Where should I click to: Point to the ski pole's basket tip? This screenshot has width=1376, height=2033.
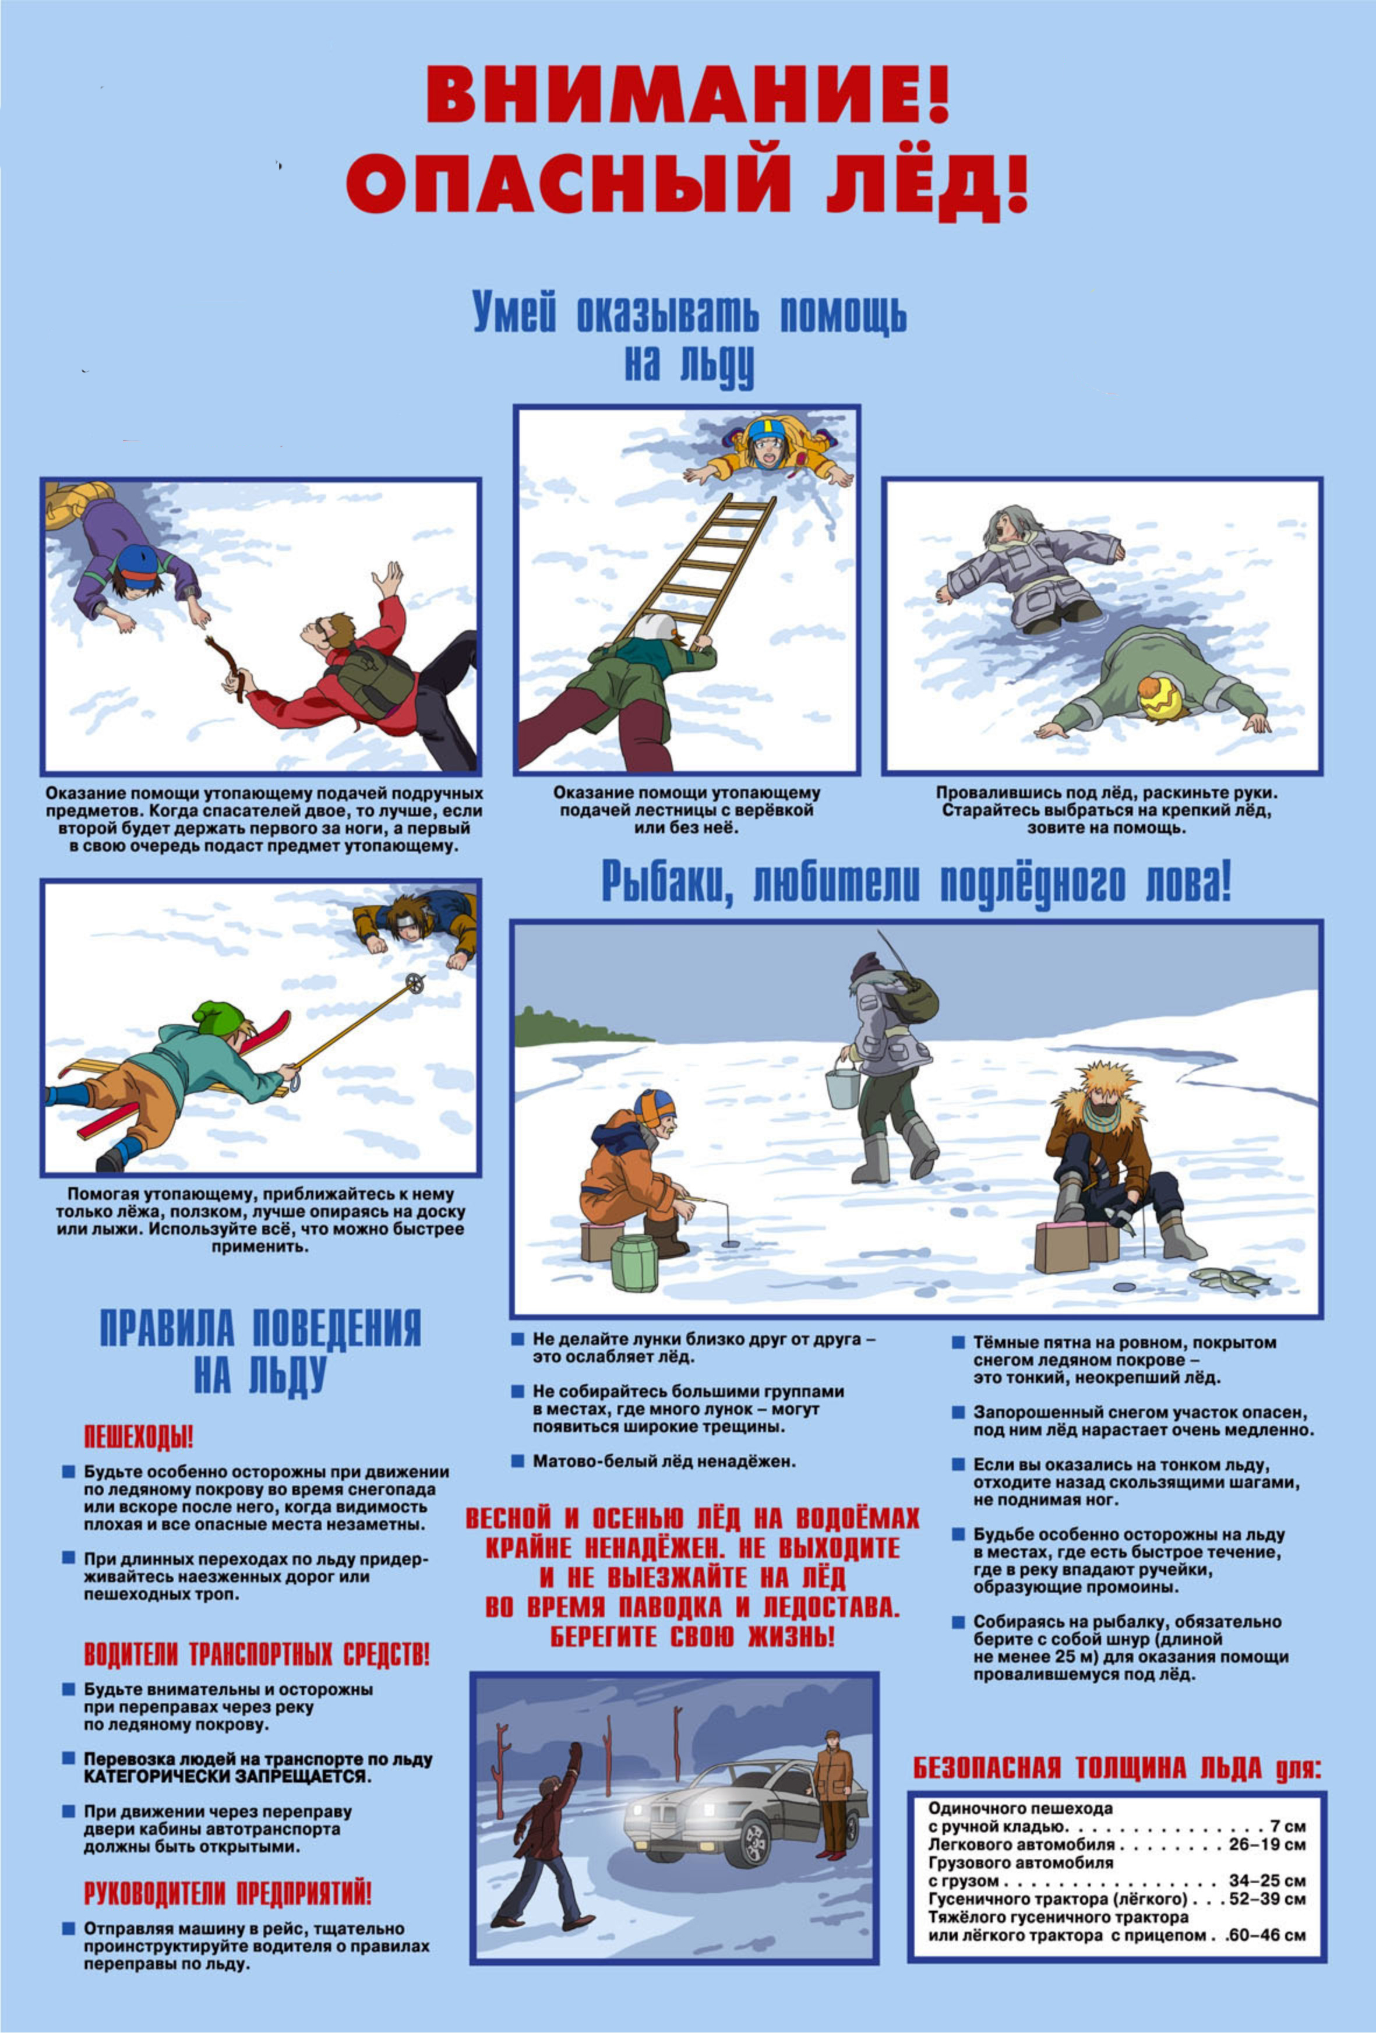point(415,983)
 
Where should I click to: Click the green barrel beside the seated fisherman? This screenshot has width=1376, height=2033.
point(634,1262)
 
